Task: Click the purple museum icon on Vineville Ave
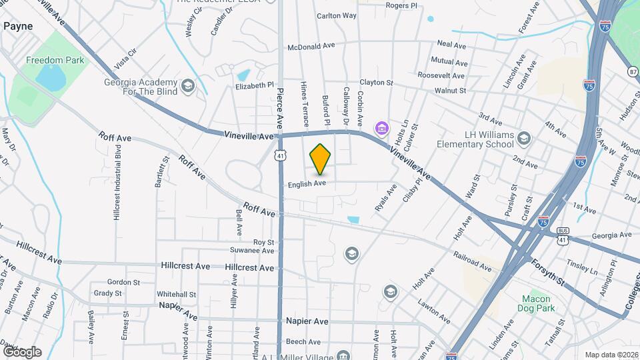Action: pos(382,127)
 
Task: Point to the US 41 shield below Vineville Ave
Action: pos(281,155)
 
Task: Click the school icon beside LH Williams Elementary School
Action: pos(524,139)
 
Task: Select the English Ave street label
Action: pos(307,183)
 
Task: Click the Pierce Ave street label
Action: pos(281,108)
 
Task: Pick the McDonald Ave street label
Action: pos(311,47)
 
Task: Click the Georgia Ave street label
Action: pos(611,235)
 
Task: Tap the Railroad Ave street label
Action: pos(472,261)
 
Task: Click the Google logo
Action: pos(21,351)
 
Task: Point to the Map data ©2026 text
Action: pos(611,355)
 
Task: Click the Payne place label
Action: pos(18,26)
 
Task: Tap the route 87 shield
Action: pos(633,71)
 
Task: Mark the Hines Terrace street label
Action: pos(305,105)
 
